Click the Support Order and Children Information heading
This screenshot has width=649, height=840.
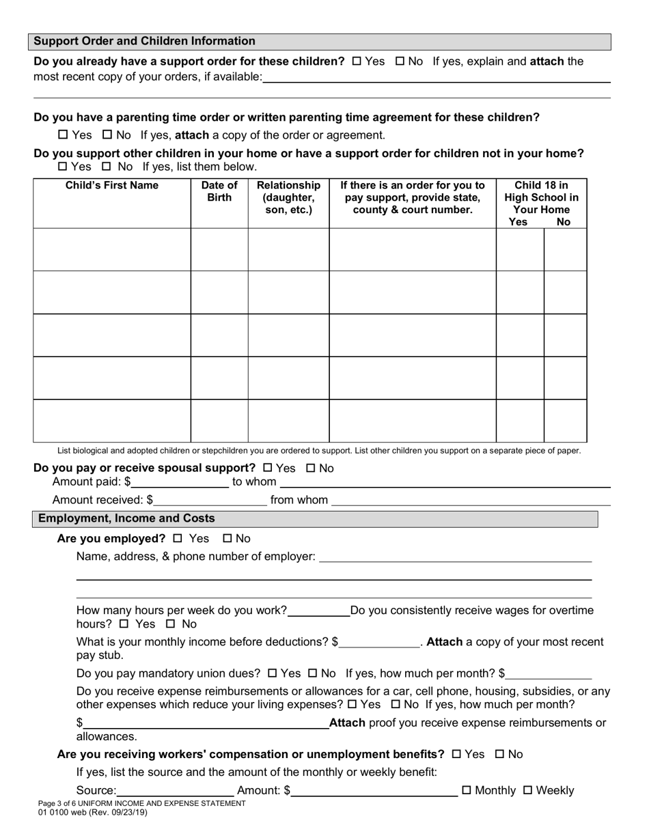pos(145,41)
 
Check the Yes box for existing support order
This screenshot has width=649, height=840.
pos(357,61)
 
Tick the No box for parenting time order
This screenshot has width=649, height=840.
pos(107,135)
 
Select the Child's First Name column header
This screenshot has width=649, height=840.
pos(112,186)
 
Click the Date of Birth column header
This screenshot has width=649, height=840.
pos(219,191)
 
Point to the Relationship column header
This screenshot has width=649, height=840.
pos(288,197)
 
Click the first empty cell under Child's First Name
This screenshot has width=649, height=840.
pos(112,250)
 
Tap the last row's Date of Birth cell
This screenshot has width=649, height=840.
pos(219,421)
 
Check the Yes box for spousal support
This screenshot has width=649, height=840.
pos(268,468)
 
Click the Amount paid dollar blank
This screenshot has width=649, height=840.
pos(180,482)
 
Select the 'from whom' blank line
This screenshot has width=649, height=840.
pos(470,500)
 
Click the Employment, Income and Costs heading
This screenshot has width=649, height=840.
pos(126,518)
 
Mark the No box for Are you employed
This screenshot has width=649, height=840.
pos(228,539)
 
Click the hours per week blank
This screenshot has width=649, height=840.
pos(318,611)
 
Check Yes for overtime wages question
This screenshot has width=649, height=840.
pos(124,624)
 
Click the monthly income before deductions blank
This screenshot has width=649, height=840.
pos(379,642)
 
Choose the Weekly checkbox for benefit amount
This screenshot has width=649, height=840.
pos(528,791)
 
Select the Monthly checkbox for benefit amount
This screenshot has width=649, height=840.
pos(467,791)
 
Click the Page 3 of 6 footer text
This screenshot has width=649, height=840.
pos(142,804)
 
